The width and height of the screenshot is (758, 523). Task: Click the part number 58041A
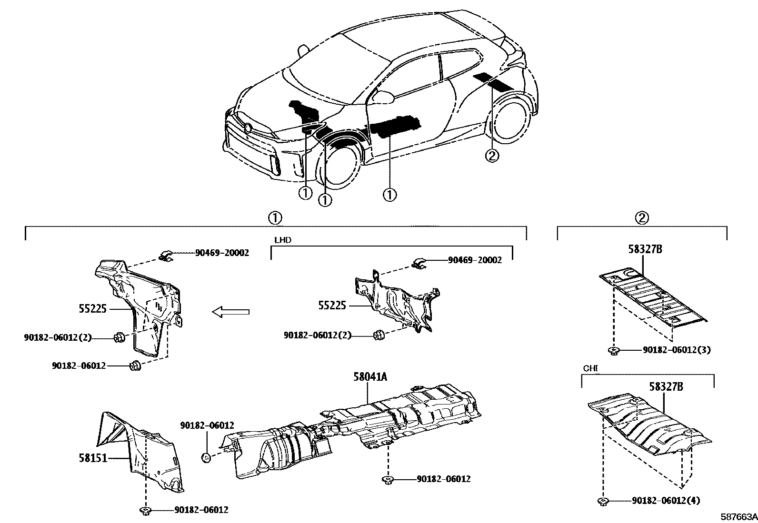370,377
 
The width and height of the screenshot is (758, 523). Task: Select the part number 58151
93,458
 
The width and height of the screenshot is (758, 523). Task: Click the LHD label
282,240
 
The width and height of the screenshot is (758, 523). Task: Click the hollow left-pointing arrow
230,312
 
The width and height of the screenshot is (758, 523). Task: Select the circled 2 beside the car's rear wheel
492,155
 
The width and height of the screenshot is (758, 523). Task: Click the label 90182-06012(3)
676,350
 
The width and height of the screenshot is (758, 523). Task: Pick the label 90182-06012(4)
666,501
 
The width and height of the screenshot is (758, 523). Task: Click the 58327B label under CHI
666,387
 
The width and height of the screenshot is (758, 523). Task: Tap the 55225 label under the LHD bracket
332,306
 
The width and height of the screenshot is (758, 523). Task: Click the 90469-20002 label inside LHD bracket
474,260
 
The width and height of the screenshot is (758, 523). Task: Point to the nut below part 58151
145,511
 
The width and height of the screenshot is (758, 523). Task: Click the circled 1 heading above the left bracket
275,218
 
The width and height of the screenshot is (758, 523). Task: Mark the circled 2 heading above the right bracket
642,218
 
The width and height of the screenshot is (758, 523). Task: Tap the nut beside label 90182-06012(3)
614,351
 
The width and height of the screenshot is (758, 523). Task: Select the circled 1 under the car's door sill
389,195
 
